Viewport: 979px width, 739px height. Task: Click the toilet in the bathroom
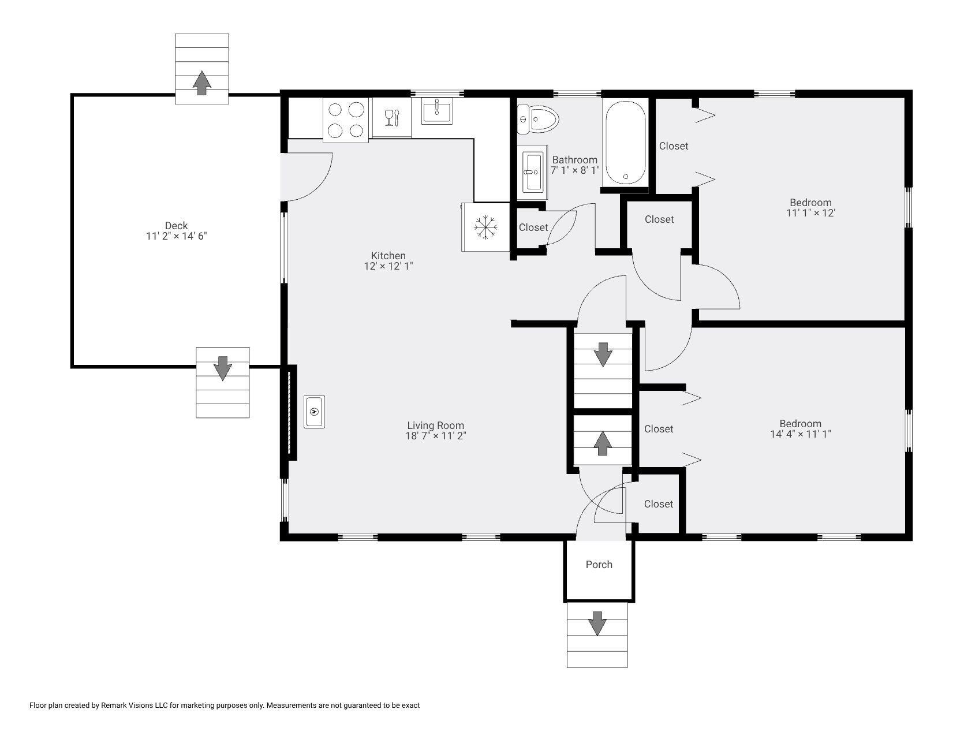point(537,119)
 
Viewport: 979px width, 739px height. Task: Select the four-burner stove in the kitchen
point(345,120)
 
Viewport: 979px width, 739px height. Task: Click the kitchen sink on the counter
point(437,111)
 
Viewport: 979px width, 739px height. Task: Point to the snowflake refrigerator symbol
point(486,227)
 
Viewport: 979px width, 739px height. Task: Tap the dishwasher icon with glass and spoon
point(391,117)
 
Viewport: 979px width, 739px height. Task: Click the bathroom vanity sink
point(532,172)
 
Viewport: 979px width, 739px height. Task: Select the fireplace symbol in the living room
point(315,412)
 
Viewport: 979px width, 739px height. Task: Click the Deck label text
point(177,226)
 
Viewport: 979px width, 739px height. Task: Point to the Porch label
point(599,565)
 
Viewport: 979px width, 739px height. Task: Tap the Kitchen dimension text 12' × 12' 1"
point(388,266)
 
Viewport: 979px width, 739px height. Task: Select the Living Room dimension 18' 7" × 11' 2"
point(436,436)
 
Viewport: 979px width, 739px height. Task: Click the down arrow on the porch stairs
point(597,624)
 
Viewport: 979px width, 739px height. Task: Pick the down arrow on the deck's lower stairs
point(223,368)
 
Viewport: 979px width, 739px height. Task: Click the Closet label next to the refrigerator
point(533,227)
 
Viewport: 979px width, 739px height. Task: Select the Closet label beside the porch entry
point(659,504)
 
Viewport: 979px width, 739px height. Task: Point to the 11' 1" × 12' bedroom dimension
point(811,213)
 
